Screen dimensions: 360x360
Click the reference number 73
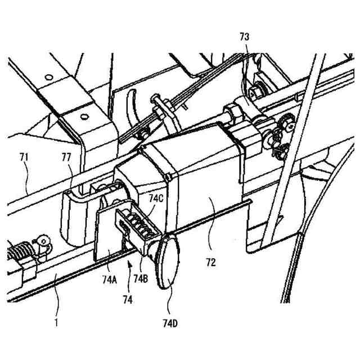click(x=244, y=37)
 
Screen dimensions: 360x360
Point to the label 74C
click(x=157, y=199)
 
